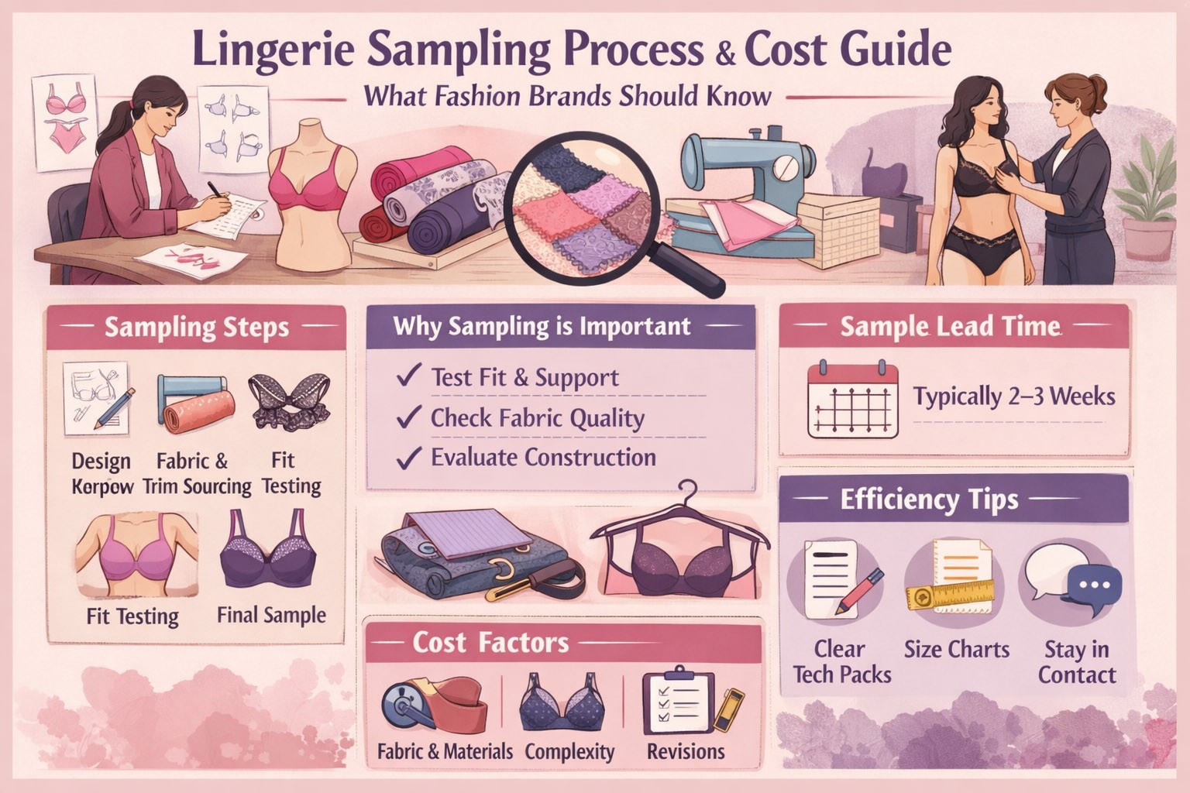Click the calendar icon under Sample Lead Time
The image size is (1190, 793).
click(853, 399)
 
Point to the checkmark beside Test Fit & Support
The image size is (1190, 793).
click(408, 375)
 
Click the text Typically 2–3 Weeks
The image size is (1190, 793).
click(1013, 396)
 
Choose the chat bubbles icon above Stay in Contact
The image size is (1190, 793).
click(1073, 580)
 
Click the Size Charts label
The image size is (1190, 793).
click(957, 649)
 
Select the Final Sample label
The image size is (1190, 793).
click(271, 615)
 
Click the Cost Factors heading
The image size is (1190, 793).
click(490, 643)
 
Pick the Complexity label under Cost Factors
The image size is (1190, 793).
click(569, 752)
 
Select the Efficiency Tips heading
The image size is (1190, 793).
click(929, 499)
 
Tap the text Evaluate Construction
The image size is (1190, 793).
click(543, 458)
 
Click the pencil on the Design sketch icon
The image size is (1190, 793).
click(115, 408)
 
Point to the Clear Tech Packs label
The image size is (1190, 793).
click(841, 662)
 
